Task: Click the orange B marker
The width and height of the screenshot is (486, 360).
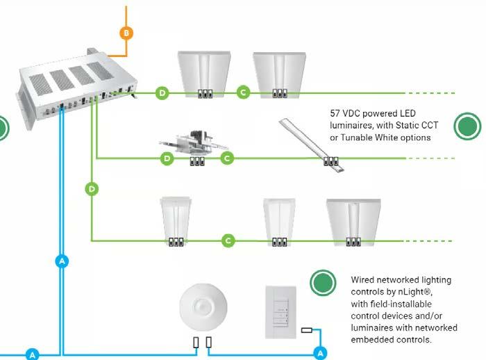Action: tap(126, 33)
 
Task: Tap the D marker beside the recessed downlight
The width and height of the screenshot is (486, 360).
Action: tap(167, 159)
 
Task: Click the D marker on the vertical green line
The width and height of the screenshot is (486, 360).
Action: tap(90, 188)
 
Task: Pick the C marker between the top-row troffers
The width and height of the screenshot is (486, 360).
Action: tap(242, 92)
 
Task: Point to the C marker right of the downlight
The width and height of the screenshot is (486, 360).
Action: tap(226, 159)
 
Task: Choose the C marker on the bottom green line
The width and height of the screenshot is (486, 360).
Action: tap(228, 240)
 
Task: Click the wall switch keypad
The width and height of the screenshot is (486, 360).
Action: tap(281, 311)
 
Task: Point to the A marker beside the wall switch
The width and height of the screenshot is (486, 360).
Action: tap(320, 353)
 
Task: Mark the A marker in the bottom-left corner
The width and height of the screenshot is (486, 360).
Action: tap(31, 354)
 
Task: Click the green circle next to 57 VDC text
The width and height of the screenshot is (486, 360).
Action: tap(467, 127)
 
